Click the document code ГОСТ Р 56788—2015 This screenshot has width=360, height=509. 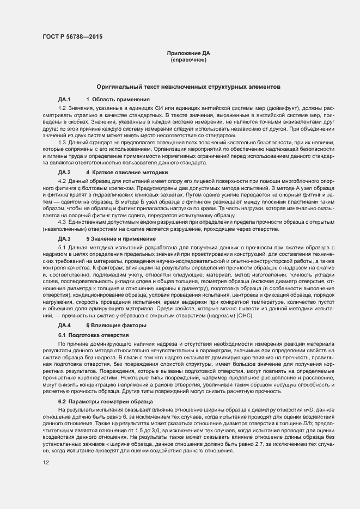click(x=72, y=37)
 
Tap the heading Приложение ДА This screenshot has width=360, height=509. click(x=188, y=53)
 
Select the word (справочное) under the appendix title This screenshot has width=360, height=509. click(x=188, y=59)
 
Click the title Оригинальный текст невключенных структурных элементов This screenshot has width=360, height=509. click(x=188, y=87)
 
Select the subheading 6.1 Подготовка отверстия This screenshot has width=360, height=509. click(x=93, y=335)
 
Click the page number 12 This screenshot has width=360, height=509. click(x=46, y=462)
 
